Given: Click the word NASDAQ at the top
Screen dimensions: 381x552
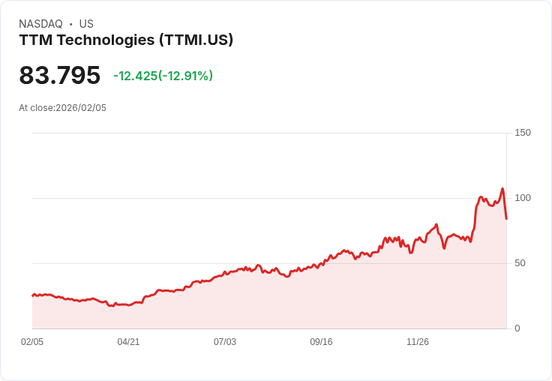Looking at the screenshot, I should (x=40, y=24).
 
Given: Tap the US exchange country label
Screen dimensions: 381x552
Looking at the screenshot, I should (x=86, y=24).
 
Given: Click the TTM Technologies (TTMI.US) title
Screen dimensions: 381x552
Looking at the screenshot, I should (x=126, y=40).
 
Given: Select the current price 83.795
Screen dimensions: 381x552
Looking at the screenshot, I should (x=59, y=75).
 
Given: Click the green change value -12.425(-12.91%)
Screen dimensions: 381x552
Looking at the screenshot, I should (x=163, y=76).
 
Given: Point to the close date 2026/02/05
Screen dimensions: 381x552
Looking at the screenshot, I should (x=81, y=108).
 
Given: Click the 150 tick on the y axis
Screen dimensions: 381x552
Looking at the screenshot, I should (x=522, y=133).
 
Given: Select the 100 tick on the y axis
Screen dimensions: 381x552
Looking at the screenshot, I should (x=522, y=198).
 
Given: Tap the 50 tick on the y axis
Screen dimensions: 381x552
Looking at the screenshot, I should (x=520, y=263).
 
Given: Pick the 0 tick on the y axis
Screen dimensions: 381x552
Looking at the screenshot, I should (x=517, y=328).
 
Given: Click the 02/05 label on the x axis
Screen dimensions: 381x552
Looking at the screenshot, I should (x=32, y=342).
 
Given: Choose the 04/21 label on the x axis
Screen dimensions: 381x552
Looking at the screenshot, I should (x=128, y=342).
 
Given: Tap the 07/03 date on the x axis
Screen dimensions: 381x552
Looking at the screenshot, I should (x=225, y=342).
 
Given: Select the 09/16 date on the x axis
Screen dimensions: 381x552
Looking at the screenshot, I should (x=321, y=342).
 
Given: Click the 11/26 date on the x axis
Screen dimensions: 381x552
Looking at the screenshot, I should (x=418, y=342).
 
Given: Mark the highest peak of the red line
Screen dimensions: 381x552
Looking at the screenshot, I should (x=502, y=188).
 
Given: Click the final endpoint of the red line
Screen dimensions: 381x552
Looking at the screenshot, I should (x=507, y=219).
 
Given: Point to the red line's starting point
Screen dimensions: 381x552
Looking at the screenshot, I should (x=32, y=295).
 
